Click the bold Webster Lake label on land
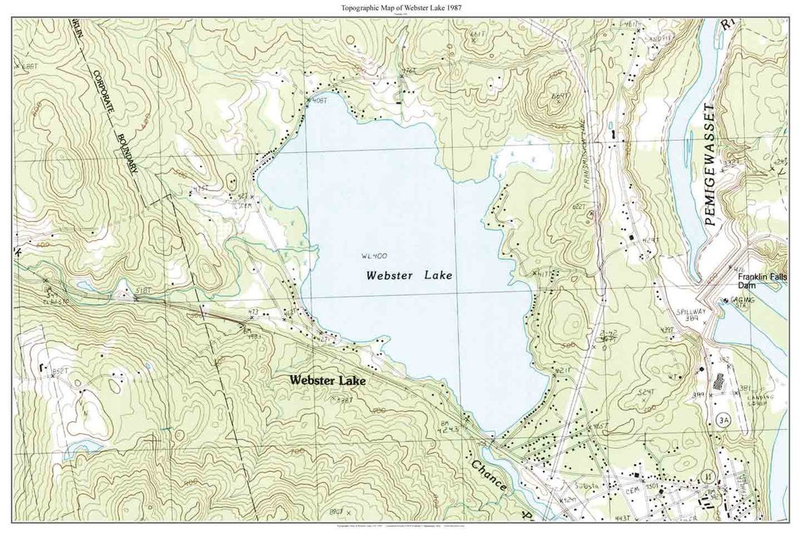pos(327,380)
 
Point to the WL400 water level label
pos(375,256)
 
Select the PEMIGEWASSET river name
pos(711,164)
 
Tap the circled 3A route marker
pos(723,419)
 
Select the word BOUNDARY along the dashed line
pos(126,153)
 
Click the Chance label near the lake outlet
pos(489,475)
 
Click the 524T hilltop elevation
pos(646,391)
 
